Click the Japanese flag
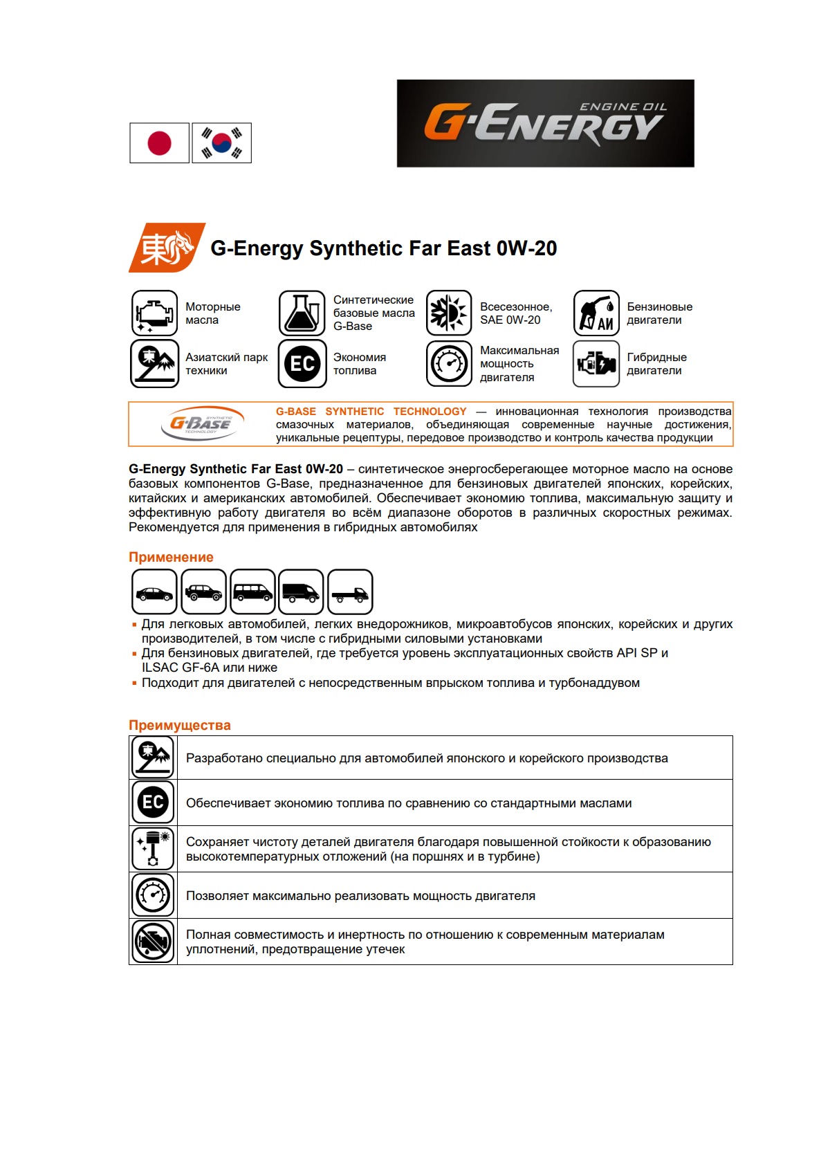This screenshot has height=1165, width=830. coord(159,143)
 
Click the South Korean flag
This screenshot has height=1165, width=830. coord(221,143)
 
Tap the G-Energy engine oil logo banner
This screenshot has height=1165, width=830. coord(545,123)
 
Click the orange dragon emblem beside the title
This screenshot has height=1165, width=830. coord(167,248)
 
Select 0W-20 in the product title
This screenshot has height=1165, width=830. coord(526,248)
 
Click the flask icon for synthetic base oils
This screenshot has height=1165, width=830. coord(302,313)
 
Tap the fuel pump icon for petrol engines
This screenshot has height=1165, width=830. coord(596,313)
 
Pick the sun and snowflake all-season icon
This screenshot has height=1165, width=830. coord(449,313)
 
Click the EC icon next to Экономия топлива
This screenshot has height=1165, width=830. coord(302,363)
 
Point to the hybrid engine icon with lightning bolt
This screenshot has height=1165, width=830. coord(596,363)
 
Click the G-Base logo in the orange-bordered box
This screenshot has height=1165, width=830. coord(201,423)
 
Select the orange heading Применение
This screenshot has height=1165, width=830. coord(171,557)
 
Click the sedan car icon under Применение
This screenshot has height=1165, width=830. coord(154,592)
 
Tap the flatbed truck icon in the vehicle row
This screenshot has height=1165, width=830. coord(350,592)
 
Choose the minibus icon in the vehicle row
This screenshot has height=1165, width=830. coord(252,592)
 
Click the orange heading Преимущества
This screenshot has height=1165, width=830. coord(180,725)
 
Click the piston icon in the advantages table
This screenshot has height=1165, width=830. coord(153,848)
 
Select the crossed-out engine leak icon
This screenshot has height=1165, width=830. coord(153,942)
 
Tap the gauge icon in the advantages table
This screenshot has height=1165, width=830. coord(153,895)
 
